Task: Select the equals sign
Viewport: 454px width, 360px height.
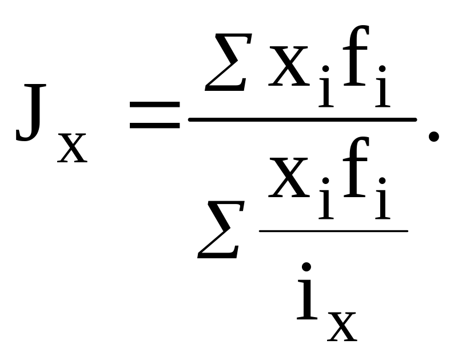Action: tap(154, 113)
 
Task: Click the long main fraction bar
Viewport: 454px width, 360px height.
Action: tap(302, 119)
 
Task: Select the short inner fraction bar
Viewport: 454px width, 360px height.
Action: tap(334, 231)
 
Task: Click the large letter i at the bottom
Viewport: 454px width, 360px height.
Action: tap(308, 297)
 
